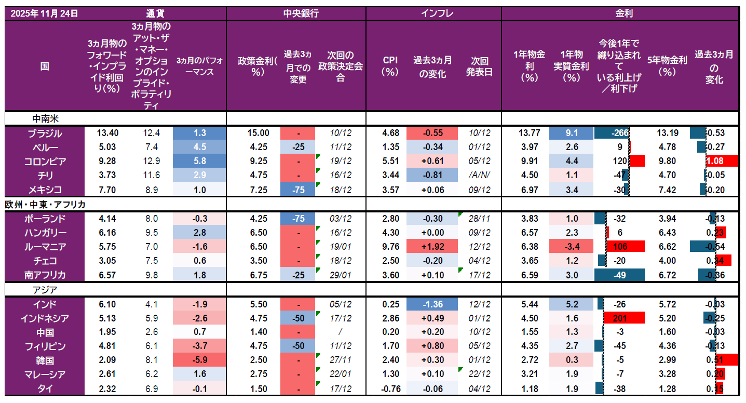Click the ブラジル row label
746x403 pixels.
point(45,133)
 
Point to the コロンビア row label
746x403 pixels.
point(45,162)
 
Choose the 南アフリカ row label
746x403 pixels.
point(45,275)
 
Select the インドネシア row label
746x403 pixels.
point(45,318)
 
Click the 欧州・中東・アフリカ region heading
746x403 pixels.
point(46,204)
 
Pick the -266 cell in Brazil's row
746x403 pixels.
point(619,133)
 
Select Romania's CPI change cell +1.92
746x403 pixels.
point(432,247)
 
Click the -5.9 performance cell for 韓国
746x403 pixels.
point(199,360)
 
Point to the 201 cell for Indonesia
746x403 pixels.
point(620,318)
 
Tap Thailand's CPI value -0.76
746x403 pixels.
point(390,388)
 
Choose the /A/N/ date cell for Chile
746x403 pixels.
point(479,176)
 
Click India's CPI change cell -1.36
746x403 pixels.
point(432,304)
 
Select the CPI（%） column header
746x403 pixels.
point(390,66)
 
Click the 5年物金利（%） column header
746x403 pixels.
point(667,65)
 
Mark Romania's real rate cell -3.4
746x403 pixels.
point(572,247)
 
